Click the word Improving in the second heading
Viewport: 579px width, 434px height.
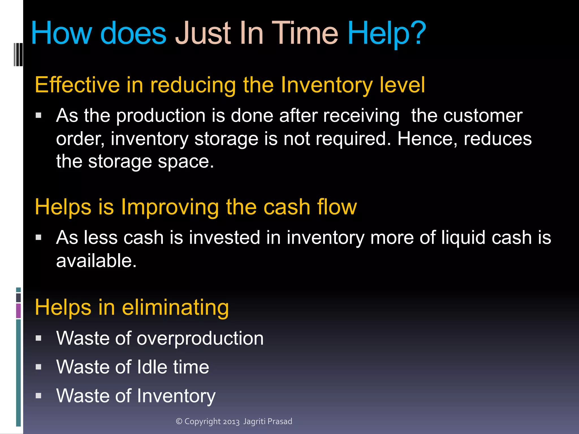pos(170,207)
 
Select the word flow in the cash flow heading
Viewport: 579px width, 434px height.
pos(337,207)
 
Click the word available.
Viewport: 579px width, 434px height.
pos(96,260)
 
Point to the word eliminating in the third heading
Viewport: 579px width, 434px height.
pos(175,307)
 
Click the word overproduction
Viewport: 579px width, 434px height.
pos(200,338)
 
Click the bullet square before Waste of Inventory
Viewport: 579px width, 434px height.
pos(39,396)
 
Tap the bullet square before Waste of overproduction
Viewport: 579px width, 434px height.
pos(39,338)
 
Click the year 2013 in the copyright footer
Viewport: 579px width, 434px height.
pos(231,422)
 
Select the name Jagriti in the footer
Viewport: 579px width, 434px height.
pos(254,421)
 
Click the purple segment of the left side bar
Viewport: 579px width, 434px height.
pos(18,311)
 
